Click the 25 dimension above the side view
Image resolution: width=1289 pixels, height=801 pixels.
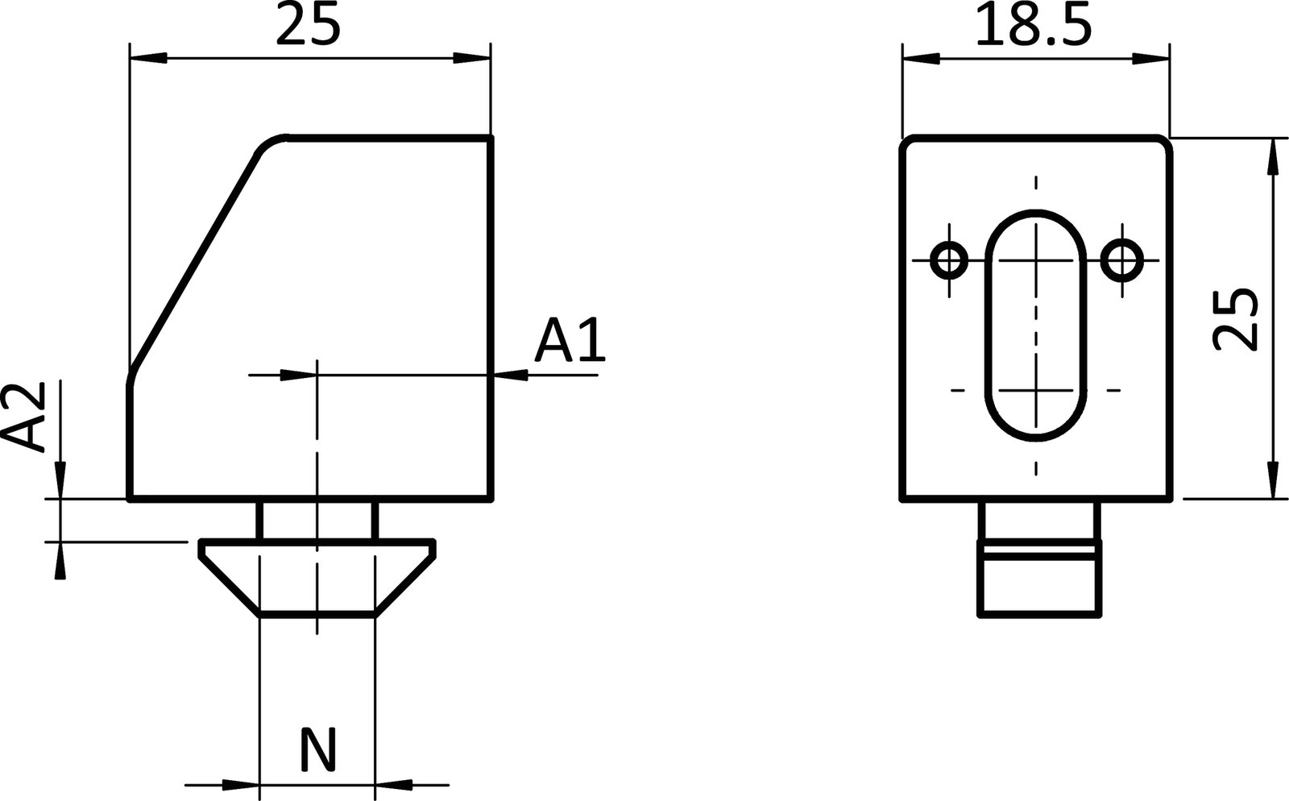[309, 27]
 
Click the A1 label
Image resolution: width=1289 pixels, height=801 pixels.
[570, 341]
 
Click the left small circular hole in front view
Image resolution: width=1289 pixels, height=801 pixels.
[949, 260]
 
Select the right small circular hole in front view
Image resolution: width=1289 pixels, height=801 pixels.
[1121, 260]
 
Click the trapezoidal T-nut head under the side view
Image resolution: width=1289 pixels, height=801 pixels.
[317, 577]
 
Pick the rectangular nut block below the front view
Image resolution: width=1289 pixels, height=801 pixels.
[1039, 580]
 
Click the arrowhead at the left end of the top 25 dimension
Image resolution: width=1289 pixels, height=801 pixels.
[149, 58]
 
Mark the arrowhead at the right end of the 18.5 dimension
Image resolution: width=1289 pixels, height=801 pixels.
[1150, 58]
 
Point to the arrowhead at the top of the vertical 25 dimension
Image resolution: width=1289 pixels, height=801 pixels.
[1272, 157]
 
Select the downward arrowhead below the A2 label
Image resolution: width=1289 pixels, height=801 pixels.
[60, 480]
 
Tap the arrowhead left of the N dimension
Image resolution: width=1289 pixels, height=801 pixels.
[241, 782]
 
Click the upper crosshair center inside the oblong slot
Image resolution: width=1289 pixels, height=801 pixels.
[1036, 260]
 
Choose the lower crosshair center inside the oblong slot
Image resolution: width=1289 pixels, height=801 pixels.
[1036, 391]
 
